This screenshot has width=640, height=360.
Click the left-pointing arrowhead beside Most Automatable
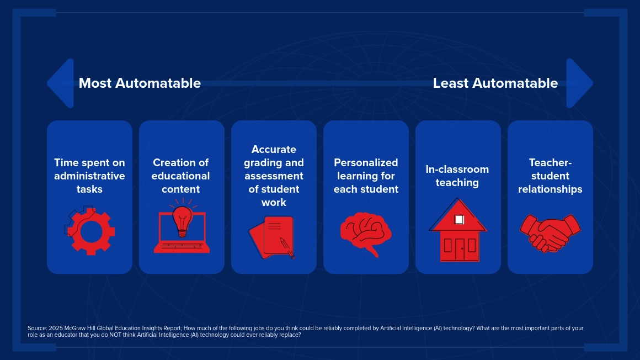click(x=61, y=83)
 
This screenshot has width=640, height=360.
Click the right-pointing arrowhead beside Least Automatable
click(x=579, y=83)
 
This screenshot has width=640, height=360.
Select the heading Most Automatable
click(x=140, y=83)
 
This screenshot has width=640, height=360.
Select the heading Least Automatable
click(x=495, y=83)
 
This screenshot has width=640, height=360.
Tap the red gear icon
click(x=90, y=231)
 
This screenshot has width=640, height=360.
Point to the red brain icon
click(x=366, y=234)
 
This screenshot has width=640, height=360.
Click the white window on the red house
click(x=459, y=220)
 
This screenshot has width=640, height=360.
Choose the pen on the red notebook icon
click(x=286, y=247)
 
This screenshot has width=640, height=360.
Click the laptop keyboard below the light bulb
click(x=182, y=246)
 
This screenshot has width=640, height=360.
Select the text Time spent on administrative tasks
click(x=89, y=176)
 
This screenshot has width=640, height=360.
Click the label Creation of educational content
click(x=181, y=176)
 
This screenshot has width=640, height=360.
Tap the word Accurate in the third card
click(x=274, y=149)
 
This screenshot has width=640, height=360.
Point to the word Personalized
click(x=366, y=163)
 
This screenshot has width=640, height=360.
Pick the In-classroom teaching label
click(x=457, y=176)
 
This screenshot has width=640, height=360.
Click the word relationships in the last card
click(x=550, y=189)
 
